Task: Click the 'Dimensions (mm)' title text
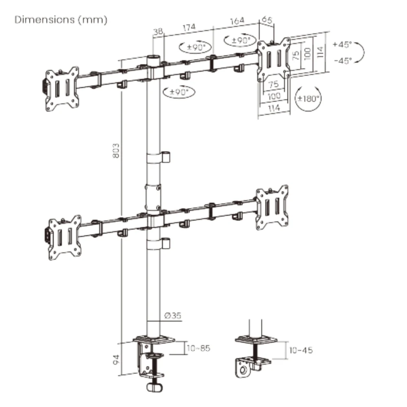[x=61, y=20]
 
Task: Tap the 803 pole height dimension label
[x=116, y=150]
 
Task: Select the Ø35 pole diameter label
[x=173, y=316]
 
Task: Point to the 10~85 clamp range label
[x=198, y=348]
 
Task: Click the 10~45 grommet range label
[x=301, y=350]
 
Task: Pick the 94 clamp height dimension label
[x=116, y=359]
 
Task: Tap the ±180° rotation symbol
[x=308, y=98]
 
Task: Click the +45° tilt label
[x=342, y=44]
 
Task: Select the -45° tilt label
[x=343, y=61]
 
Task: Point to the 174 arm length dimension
[x=189, y=27]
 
